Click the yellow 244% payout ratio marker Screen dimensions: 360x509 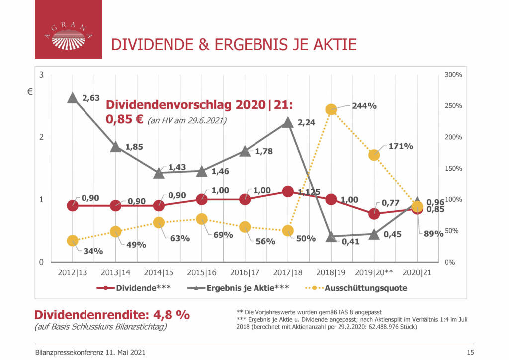[331, 109]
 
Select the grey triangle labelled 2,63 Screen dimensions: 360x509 [72, 98]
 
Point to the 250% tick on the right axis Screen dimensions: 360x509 [453, 106]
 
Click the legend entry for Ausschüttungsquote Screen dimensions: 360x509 [365, 288]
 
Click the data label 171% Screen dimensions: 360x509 [401, 146]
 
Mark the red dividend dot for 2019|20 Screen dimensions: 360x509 [374, 214]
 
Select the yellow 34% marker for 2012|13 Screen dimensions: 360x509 [72, 241]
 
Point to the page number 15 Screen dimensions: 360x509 [470, 352]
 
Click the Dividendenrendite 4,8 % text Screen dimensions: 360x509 [112, 315]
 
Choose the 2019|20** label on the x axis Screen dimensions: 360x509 [374, 272]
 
